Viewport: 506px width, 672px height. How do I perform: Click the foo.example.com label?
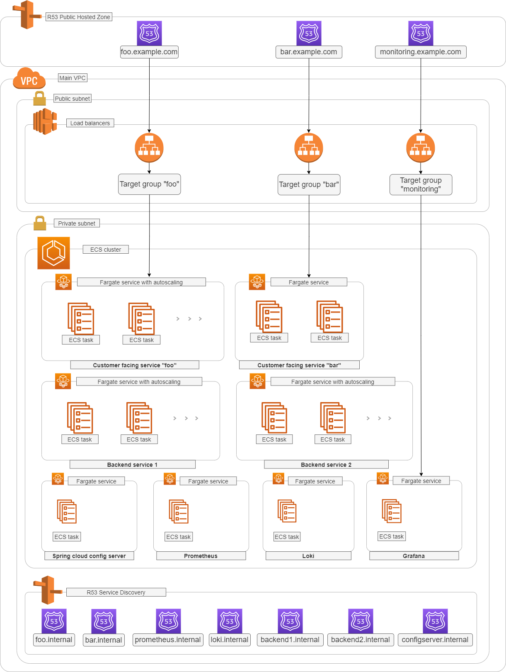[x=149, y=52]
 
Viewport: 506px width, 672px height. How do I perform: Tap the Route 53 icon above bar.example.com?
[x=309, y=33]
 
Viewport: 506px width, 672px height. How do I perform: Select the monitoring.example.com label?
[x=420, y=52]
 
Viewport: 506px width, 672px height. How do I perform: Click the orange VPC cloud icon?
[x=29, y=78]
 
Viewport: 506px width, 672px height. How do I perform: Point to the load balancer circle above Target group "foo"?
[x=149, y=148]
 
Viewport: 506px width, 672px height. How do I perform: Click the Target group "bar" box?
[x=309, y=184]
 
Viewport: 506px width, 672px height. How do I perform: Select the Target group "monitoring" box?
[x=421, y=184]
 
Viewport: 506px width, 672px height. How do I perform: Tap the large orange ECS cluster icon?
[x=53, y=253]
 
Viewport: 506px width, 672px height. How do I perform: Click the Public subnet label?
[x=73, y=99]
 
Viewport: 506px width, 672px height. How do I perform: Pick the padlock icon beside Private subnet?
[x=40, y=223]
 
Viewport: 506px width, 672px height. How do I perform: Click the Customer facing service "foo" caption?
[x=135, y=365]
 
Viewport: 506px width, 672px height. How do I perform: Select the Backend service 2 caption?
[x=326, y=465]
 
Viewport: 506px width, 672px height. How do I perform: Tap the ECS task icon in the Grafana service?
[x=392, y=511]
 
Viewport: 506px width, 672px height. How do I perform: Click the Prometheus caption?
[x=201, y=556]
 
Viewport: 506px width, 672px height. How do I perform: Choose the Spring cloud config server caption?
[x=89, y=556]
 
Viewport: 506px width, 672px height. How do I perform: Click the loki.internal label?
[x=230, y=640]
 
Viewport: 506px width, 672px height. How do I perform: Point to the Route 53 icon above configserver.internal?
[x=435, y=621]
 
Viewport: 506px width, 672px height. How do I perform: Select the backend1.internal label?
[x=290, y=640]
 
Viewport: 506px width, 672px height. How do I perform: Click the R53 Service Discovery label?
[x=116, y=592]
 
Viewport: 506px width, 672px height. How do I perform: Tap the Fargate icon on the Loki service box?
[x=278, y=478]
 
